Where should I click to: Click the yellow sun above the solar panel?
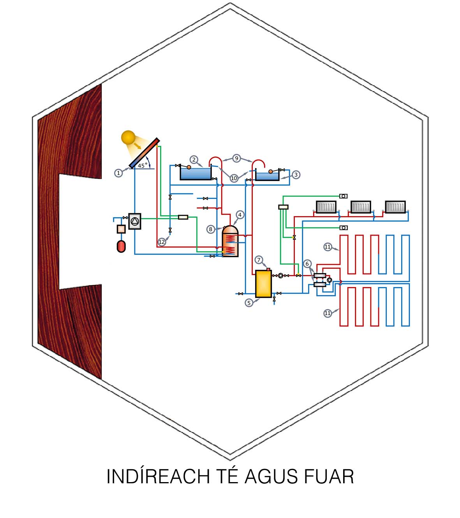[x=128, y=138]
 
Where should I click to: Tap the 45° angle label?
[x=143, y=166]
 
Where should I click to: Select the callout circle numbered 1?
[x=118, y=173]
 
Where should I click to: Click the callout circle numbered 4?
[x=240, y=215]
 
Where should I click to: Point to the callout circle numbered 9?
[x=236, y=158]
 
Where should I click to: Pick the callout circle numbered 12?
[x=162, y=242]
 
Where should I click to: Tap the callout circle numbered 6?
[x=307, y=264]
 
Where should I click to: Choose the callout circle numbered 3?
[x=296, y=175]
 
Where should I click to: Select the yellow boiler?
[x=263, y=284]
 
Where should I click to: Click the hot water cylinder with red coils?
[x=230, y=241]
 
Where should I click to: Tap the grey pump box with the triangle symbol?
[x=134, y=221]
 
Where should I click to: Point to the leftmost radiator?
[x=326, y=207]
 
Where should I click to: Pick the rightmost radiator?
[x=395, y=207]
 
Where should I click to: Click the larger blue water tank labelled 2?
[x=196, y=174]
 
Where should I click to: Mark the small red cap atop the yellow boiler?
[x=268, y=269]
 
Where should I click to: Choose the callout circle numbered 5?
[x=249, y=303]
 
